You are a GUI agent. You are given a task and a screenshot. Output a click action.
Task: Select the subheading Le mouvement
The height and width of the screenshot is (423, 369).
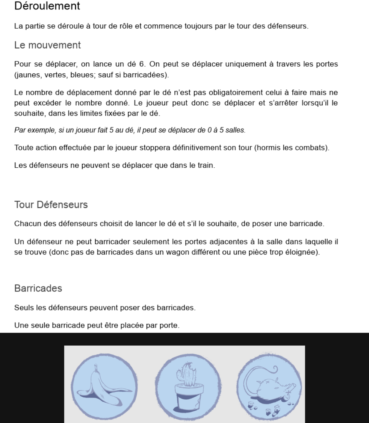point(47,45)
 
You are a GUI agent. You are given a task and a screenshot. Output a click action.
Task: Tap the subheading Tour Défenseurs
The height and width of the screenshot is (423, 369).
point(51,205)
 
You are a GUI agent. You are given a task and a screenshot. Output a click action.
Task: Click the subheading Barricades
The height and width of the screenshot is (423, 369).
point(38,289)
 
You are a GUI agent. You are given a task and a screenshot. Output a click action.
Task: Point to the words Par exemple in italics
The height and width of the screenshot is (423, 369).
point(31,130)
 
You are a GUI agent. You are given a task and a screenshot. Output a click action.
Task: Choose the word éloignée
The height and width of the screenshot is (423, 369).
point(304,252)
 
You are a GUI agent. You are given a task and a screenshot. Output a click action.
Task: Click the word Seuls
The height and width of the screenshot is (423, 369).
point(22,308)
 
